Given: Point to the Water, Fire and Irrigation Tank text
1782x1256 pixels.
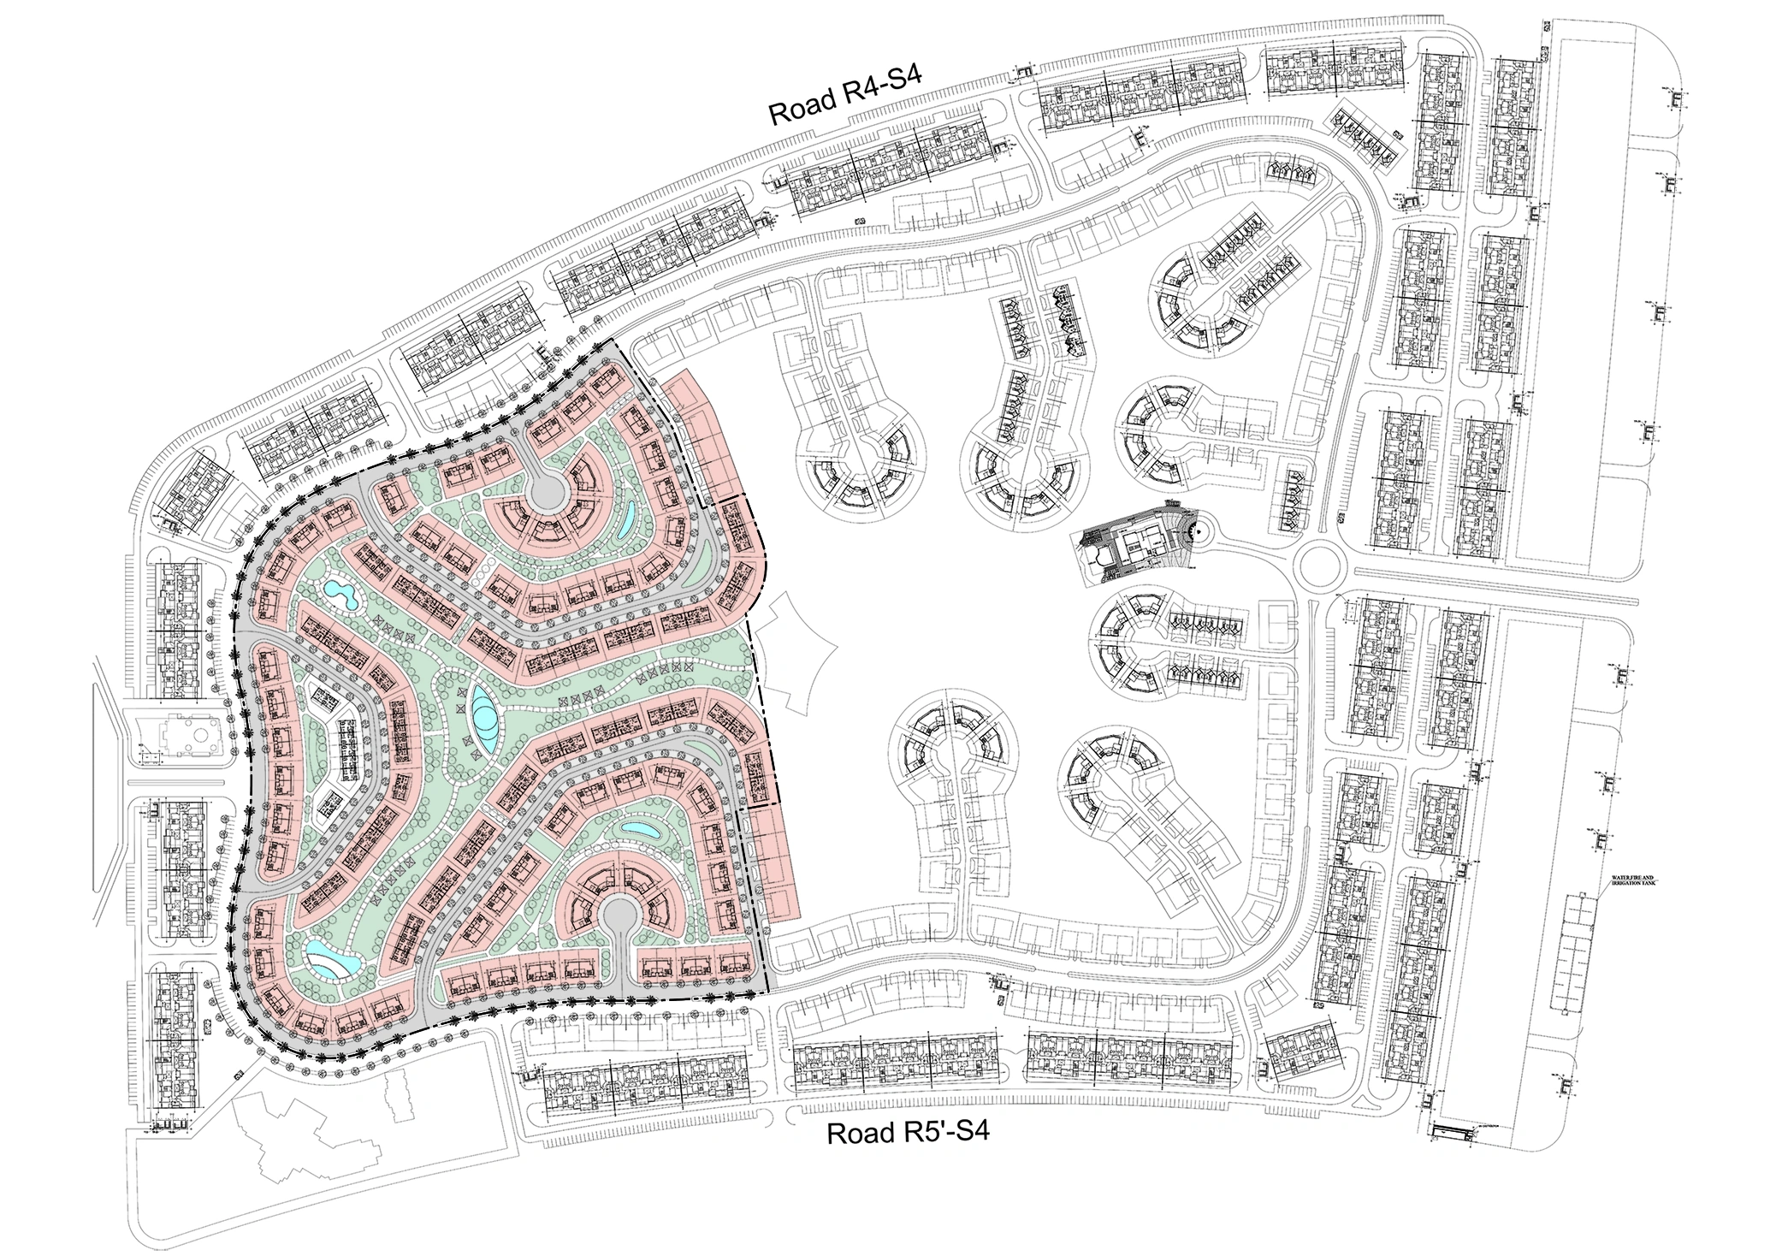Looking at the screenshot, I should tap(1635, 882).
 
